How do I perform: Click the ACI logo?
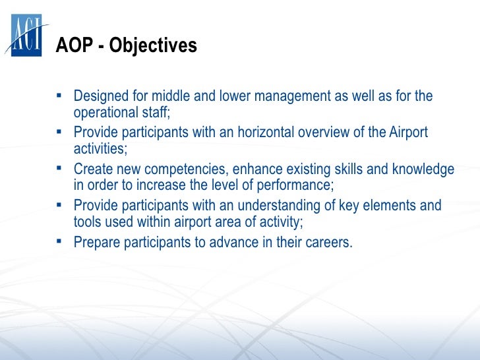(26, 35)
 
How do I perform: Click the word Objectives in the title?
(153, 46)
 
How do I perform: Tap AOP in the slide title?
(75, 45)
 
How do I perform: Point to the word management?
(292, 96)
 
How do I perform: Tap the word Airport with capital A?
(408, 133)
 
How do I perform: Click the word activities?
(99, 149)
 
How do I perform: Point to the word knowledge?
(423, 169)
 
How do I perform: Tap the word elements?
(389, 206)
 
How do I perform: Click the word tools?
(87, 222)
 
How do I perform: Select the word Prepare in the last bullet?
(97, 243)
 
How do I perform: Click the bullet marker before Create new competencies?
(59, 168)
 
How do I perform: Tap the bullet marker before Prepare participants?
(59, 241)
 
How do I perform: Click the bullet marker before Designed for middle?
(59, 96)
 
